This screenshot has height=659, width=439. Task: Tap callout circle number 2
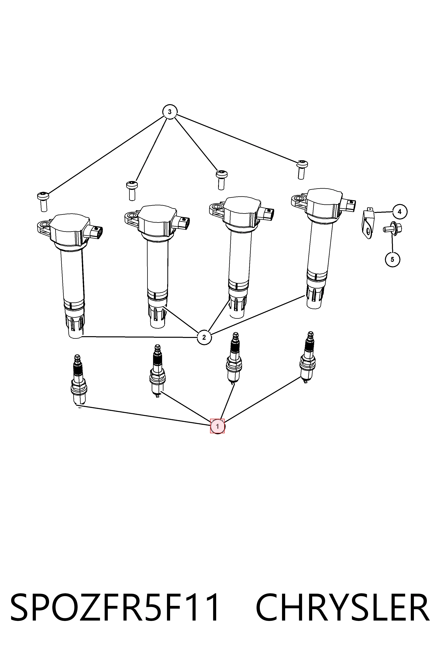pos(204,337)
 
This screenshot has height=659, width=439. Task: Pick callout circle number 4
pos(400,212)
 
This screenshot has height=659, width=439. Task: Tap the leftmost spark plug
pos(78,380)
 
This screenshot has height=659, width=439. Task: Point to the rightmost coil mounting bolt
pos(302,169)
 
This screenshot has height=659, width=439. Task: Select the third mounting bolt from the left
pos(221,179)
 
